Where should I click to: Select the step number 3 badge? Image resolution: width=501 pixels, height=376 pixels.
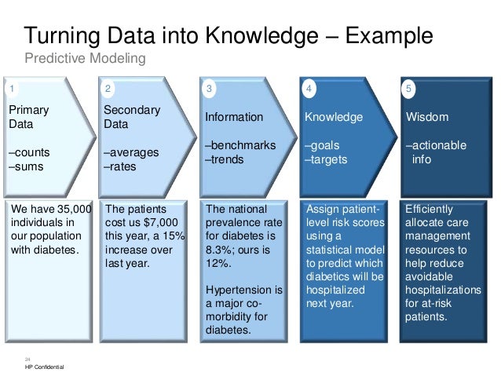coord(209,89)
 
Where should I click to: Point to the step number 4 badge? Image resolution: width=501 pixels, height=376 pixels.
coord(309,89)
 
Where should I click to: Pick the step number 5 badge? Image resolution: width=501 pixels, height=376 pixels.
coord(409,89)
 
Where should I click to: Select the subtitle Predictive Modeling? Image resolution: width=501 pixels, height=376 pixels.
coord(85,59)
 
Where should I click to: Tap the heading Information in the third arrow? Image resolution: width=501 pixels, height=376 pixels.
coord(234,117)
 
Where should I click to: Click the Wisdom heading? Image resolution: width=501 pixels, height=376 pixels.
coord(426,117)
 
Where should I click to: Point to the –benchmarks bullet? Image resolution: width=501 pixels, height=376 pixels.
coord(240,145)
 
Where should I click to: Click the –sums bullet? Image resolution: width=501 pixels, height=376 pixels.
coord(27,166)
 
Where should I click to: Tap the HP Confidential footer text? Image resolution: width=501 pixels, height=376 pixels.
coord(46,367)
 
